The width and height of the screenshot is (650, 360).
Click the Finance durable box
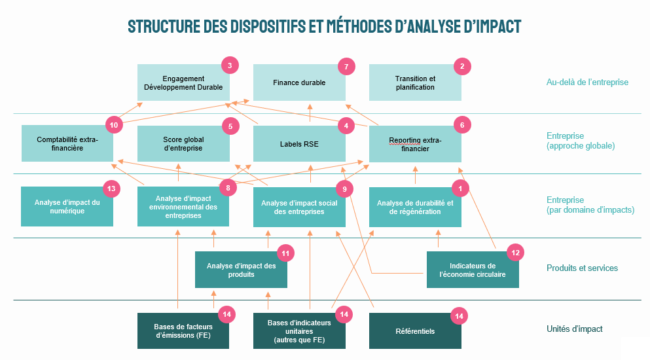point(299,82)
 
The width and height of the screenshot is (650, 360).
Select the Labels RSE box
point(299,143)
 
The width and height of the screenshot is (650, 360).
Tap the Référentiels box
point(415,331)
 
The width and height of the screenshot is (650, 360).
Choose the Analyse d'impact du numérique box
point(67,207)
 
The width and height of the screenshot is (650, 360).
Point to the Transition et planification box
point(415,82)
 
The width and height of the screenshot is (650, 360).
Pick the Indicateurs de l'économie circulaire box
point(473,270)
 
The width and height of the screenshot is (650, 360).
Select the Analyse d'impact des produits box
point(241,270)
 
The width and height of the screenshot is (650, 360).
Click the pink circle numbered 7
point(346,66)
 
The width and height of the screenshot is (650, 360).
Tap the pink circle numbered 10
point(115,124)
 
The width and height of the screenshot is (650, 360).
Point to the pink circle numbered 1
point(461,189)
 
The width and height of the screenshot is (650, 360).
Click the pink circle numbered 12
point(515,253)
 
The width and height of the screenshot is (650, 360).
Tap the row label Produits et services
point(582,268)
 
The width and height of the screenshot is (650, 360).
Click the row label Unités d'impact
point(574,329)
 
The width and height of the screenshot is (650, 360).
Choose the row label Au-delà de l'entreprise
point(587,82)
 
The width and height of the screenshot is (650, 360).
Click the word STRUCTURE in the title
point(160,26)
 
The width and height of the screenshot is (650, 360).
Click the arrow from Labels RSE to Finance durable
point(310,113)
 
